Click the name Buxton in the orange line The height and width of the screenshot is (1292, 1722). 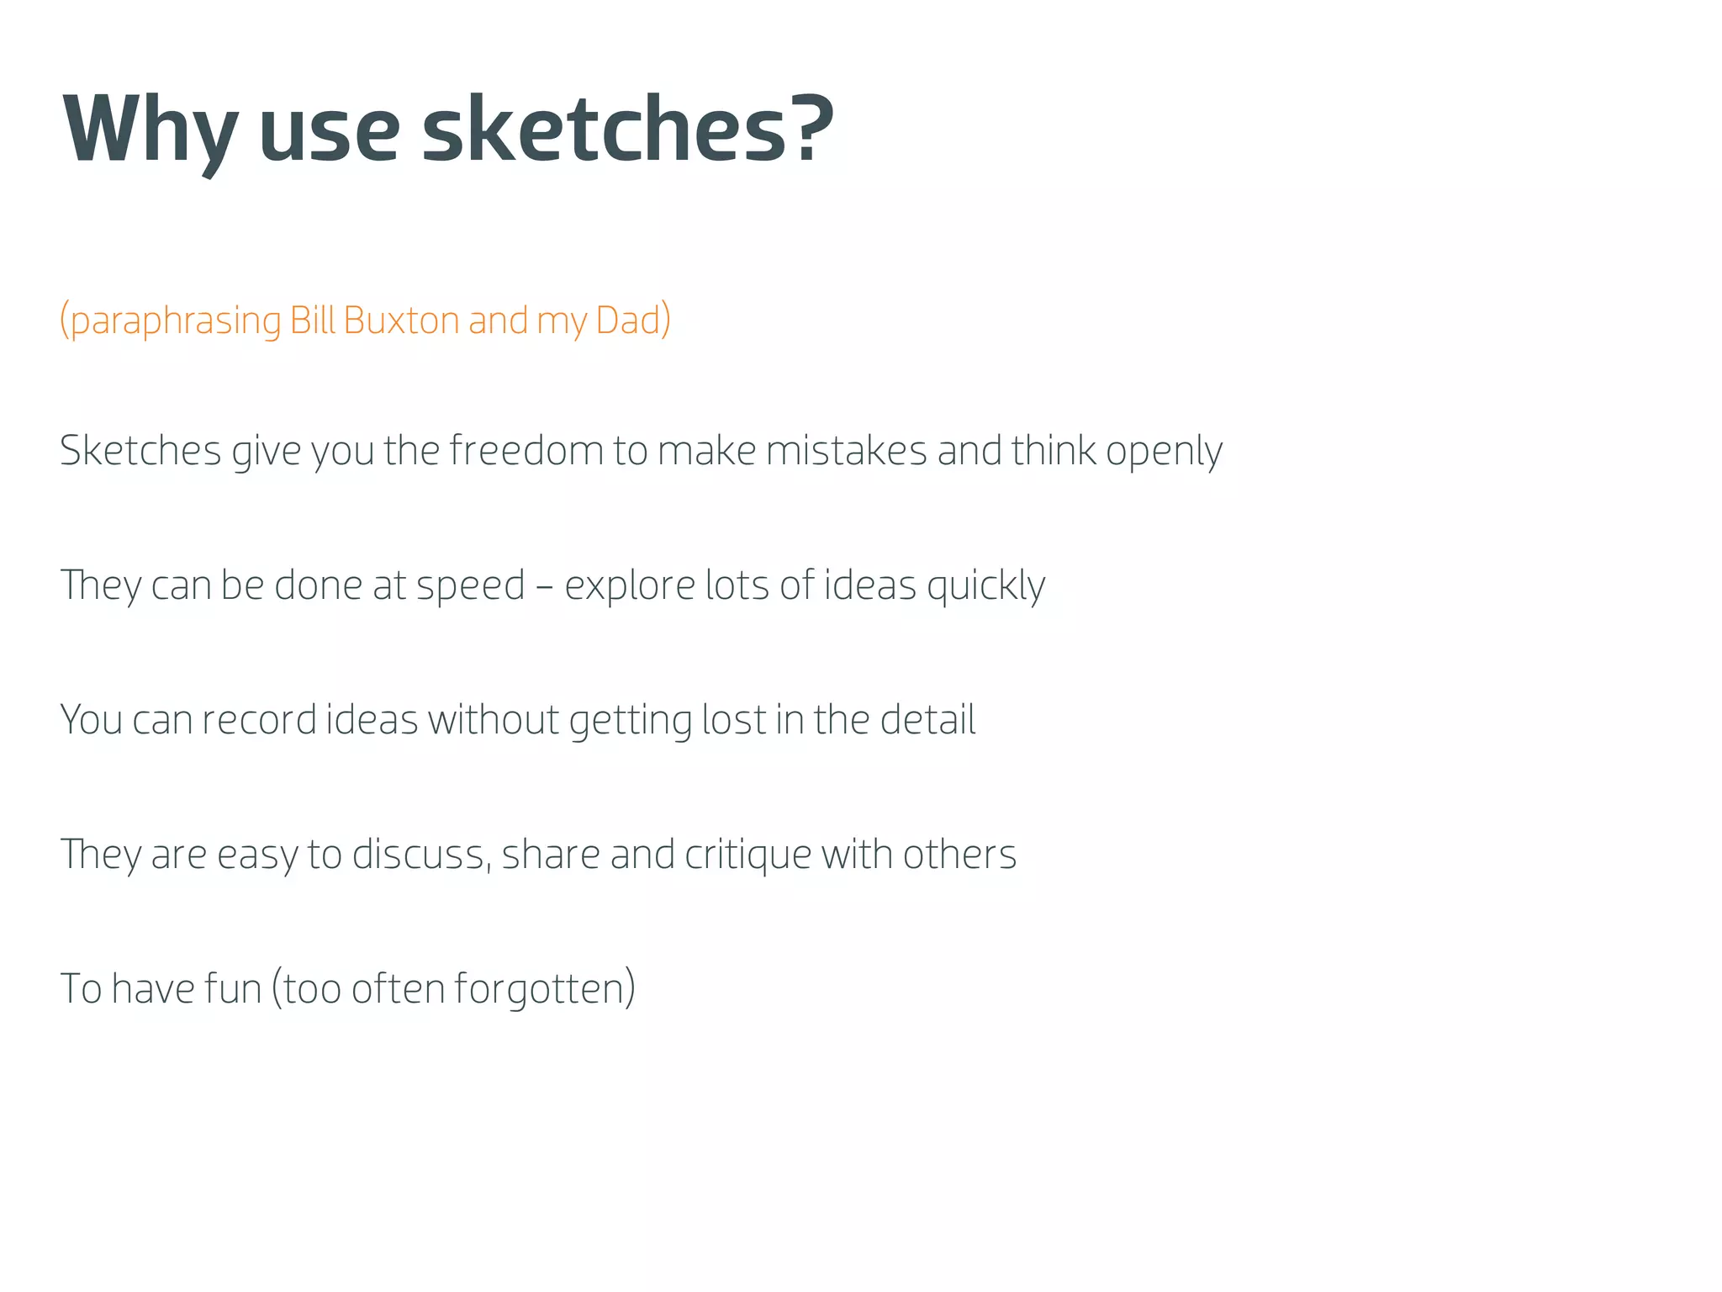point(401,320)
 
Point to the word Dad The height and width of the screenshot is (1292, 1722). point(628,320)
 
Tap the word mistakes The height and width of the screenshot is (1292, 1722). point(846,450)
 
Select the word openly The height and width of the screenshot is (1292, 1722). point(1164,452)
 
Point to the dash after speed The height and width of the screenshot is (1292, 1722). point(545,586)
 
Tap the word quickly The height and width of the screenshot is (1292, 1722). point(985,586)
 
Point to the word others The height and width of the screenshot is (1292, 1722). point(959,855)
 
